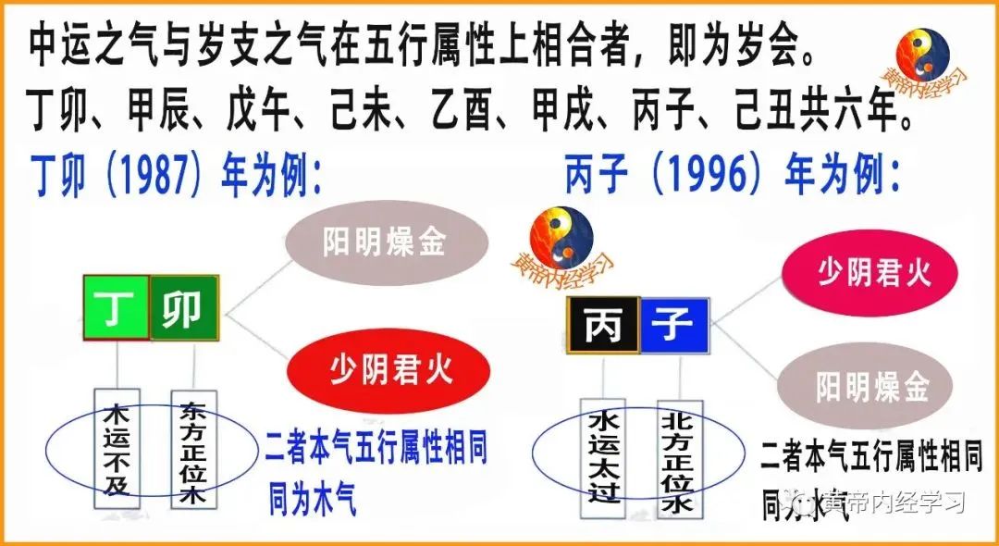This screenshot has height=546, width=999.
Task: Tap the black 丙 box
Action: pyautogui.click(x=603, y=325)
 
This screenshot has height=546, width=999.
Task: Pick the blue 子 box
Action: pyautogui.click(x=673, y=325)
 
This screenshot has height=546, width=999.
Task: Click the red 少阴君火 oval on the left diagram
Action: pyautogui.click(x=390, y=371)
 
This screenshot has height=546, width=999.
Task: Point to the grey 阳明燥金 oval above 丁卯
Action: pyautogui.click(x=384, y=242)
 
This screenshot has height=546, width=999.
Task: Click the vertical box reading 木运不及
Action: pyautogui.click(x=117, y=448)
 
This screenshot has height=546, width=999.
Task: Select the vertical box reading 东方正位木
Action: pyautogui.click(x=194, y=448)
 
